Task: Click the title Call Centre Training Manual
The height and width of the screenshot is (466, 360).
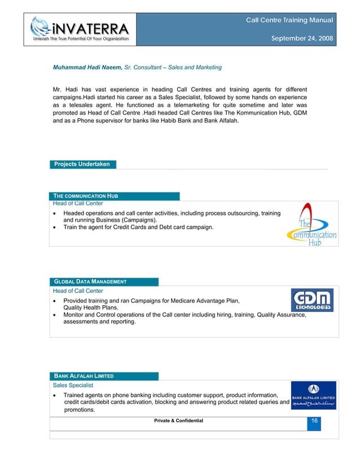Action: coord(289,20)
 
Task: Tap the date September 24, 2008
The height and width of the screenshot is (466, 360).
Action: coord(302,39)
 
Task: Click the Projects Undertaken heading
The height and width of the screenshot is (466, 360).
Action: coord(82,164)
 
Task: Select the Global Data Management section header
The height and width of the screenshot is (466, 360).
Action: coord(90,282)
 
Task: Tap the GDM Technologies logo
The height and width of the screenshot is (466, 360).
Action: coord(311,300)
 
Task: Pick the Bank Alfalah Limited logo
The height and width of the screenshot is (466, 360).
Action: coord(313,394)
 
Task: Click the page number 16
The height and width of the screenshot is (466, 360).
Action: coord(313,421)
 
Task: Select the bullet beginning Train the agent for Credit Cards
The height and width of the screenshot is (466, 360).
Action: coord(138,227)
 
